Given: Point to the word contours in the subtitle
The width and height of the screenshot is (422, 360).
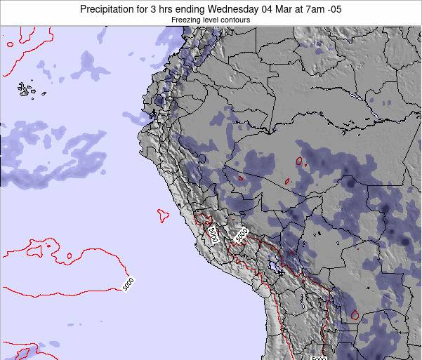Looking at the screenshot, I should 235,20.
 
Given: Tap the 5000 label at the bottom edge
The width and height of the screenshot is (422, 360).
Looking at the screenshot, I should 319,356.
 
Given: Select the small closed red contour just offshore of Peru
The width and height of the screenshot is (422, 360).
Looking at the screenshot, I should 164,215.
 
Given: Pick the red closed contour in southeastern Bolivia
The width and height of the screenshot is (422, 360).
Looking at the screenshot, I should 354,316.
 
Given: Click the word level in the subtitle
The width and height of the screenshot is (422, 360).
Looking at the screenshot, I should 211,20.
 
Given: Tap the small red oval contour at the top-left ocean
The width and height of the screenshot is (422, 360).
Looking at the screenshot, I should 9,44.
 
